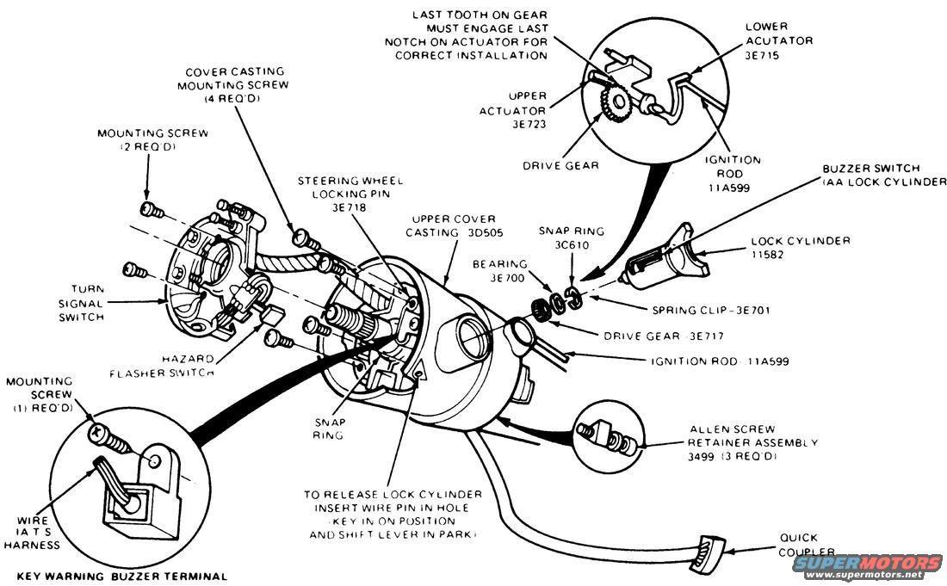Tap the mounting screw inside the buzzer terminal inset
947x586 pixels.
110,439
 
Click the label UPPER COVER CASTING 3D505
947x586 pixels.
446,225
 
